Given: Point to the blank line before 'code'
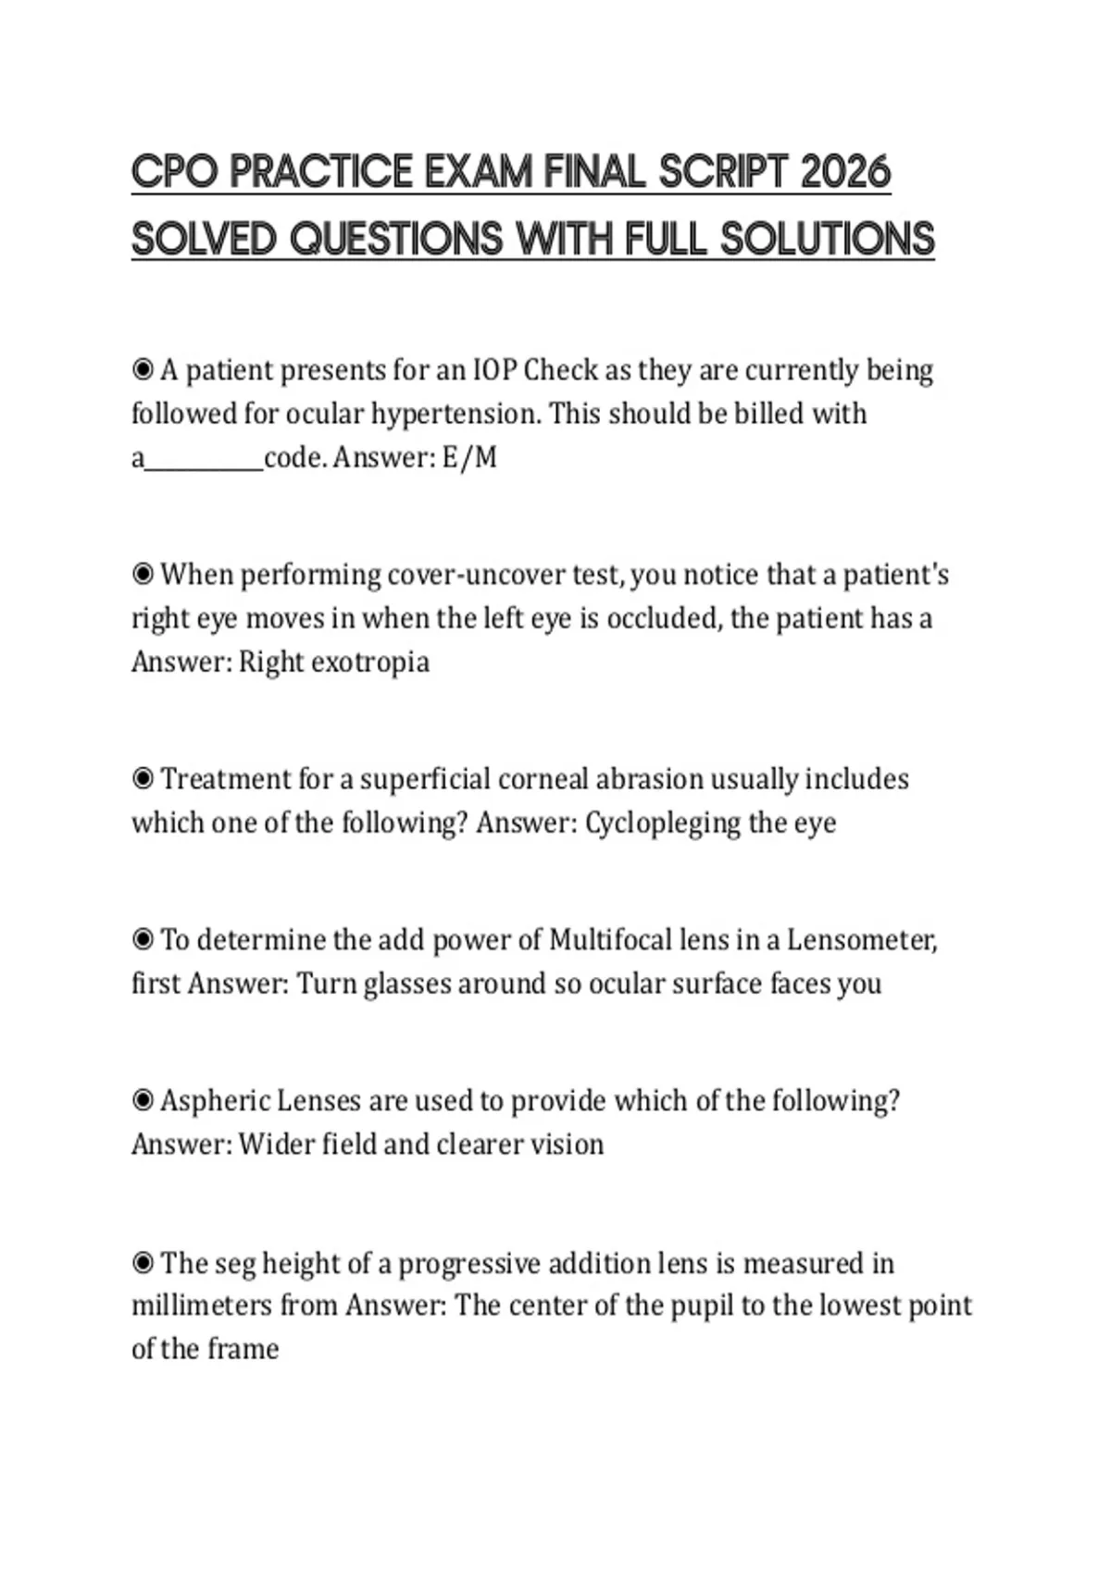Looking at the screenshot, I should (205, 463).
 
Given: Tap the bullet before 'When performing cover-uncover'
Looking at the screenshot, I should (143, 575).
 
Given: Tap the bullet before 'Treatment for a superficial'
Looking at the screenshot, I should (143, 779).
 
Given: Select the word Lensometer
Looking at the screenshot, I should (861, 940).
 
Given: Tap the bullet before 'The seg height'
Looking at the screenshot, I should (143, 1263).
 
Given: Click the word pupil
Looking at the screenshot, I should (705, 1306).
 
